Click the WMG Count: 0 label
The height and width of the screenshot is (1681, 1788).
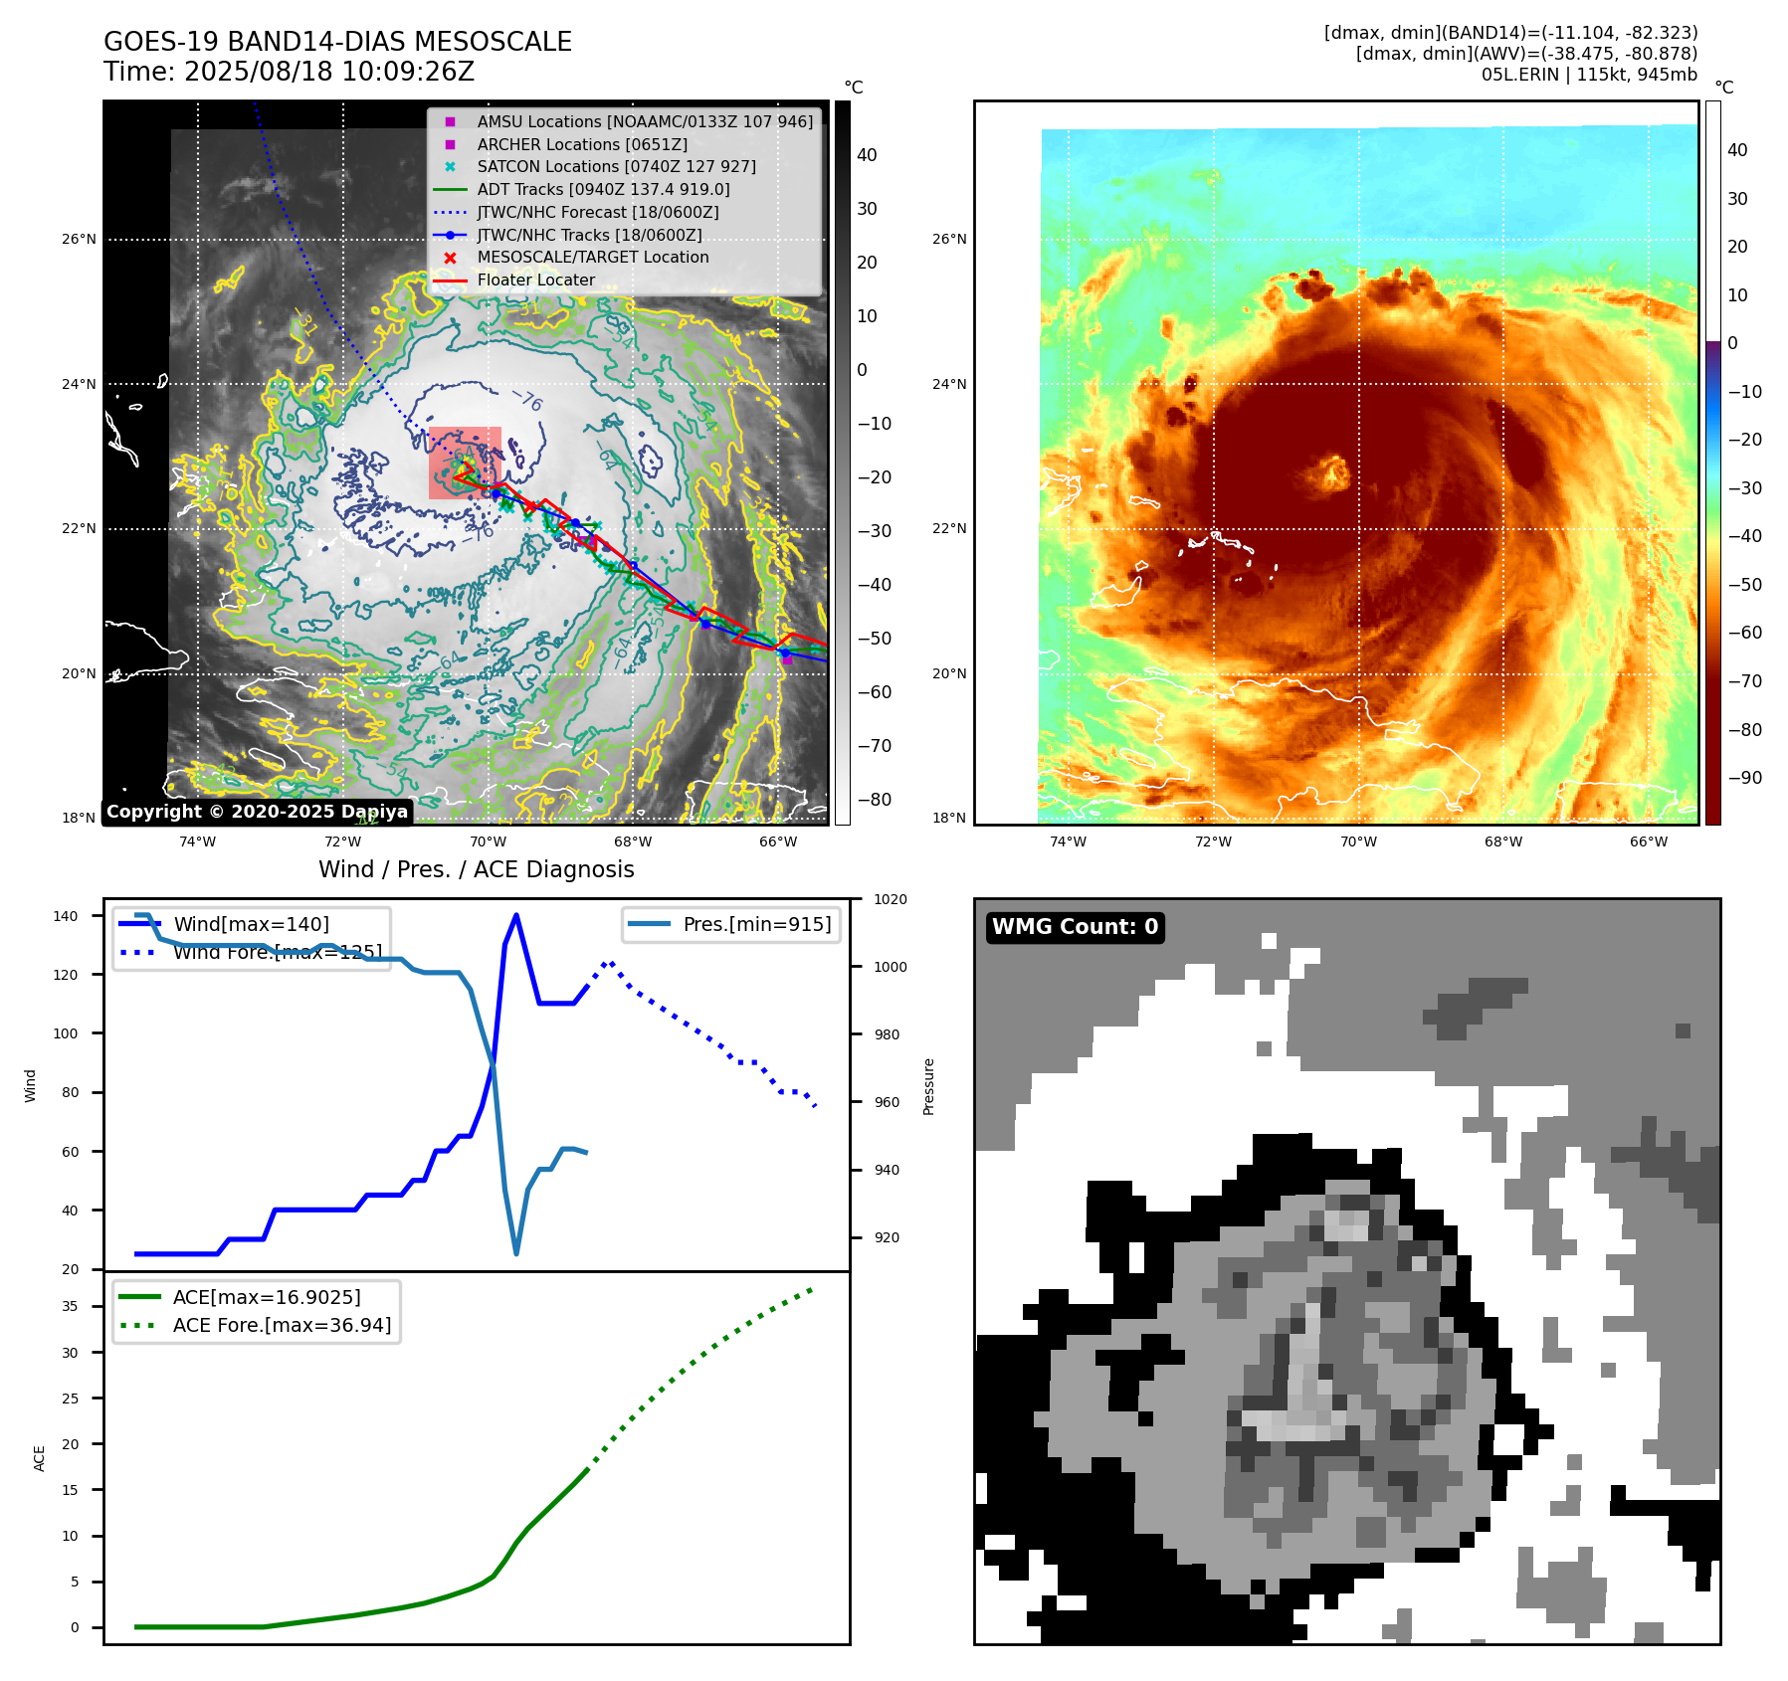[1075, 927]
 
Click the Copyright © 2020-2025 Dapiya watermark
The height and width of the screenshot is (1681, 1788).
[257, 812]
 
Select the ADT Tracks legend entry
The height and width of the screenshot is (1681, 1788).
[603, 189]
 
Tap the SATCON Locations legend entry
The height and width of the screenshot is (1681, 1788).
[616, 167]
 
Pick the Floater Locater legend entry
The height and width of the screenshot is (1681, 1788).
[535, 280]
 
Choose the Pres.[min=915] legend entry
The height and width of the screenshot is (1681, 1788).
[756, 924]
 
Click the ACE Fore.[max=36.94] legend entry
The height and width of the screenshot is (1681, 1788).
[282, 1325]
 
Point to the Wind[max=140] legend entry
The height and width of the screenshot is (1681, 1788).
[251, 924]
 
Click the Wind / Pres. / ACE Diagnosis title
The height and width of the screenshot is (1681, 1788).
[476, 869]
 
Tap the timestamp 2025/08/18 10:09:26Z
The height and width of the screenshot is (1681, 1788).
[328, 73]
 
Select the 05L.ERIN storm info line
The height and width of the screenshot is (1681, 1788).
[1589, 75]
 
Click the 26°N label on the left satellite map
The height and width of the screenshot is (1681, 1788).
[80, 240]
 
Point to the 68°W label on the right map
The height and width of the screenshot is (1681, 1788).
[1502, 841]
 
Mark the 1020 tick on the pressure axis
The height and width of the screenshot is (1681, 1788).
[890, 899]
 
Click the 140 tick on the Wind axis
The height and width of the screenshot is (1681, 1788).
[66, 916]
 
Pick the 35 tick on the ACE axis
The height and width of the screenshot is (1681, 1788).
[70, 1306]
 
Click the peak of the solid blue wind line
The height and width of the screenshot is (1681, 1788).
[515, 915]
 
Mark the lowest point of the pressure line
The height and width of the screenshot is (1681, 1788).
[515, 1253]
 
